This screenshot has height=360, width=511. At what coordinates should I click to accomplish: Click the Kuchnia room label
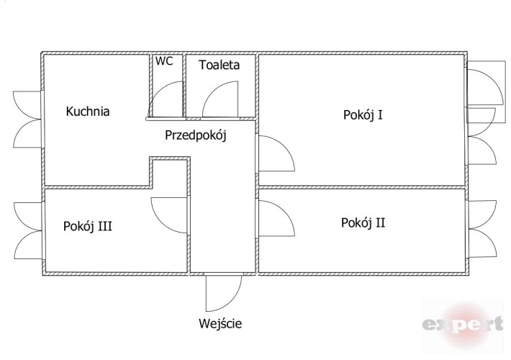pyautogui.click(x=88, y=111)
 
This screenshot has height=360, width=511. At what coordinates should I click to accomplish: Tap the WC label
pyautogui.click(x=164, y=61)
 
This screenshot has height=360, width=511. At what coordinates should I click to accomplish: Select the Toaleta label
pyautogui.click(x=220, y=65)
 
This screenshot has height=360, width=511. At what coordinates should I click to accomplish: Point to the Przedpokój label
pyautogui.click(x=196, y=135)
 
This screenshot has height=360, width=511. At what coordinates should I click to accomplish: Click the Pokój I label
pyautogui.click(x=363, y=114)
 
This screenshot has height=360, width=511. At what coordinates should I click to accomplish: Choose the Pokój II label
pyautogui.click(x=363, y=222)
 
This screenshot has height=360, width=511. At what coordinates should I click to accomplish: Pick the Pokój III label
pyautogui.click(x=88, y=226)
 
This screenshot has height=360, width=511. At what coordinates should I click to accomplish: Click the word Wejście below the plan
pyautogui.click(x=220, y=324)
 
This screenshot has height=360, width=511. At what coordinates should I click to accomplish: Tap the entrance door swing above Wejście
pyautogui.click(x=224, y=293)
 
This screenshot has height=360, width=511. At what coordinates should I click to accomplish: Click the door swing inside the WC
pyautogui.click(x=166, y=99)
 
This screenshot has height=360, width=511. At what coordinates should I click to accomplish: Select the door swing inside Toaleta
pyautogui.click(x=220, y=99)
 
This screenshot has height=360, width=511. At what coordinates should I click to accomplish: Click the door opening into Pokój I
pyautogui.click(x=276, y=153)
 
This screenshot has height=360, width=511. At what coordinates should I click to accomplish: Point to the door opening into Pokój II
pyautogui.click(x=276, y=218)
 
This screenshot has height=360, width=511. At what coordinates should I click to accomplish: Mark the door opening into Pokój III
pyautogui.click(x=169, y=215)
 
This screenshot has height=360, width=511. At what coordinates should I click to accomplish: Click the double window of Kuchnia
pyautogui.click(x=27, y=120)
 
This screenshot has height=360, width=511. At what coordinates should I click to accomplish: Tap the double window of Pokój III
pyautogui.click(x=28, y=230)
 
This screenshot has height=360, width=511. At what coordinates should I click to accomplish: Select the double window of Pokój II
pyautogui.click(x=483, y=229)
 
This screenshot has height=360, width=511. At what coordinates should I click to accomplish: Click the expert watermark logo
pyautogui.click(x=463, y=325)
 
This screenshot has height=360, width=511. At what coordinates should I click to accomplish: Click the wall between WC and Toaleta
pyautogui.click(x=184, y=86)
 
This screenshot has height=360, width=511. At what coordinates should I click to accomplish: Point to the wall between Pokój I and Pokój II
pyautogui.click(x=362, y=187)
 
